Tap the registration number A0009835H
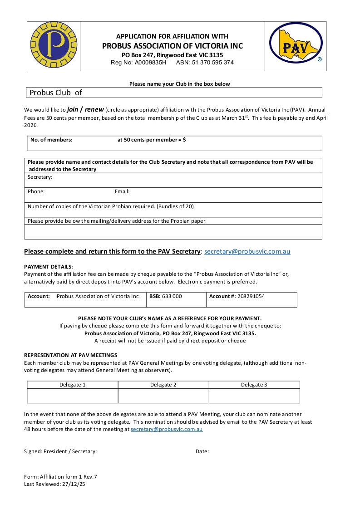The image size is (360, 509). coord(151,63)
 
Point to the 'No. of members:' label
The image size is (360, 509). coord(51,140)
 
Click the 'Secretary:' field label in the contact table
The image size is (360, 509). coord(40,177)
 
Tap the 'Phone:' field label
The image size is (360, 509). coord(36,191)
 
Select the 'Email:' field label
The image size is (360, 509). coord(122,191)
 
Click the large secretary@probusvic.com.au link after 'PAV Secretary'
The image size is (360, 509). coord(247,251)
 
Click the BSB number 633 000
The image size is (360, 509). coord(172,296)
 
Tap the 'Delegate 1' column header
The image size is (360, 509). coord(73,385)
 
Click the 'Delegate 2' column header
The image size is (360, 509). coord(163,385)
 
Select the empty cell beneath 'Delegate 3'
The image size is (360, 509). coord(254,396)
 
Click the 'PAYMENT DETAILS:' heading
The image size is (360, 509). coord(49,267)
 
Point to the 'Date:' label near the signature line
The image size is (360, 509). coord(202,451)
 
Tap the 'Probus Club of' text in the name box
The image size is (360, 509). coord(56,93)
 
